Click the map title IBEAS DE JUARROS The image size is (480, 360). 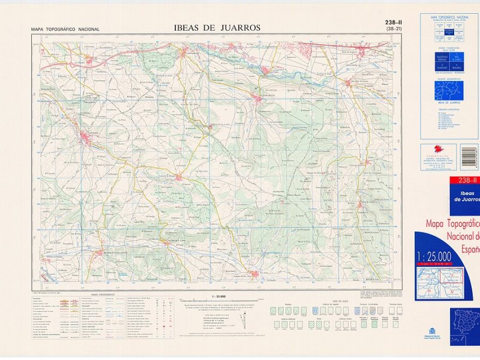pos(217,27)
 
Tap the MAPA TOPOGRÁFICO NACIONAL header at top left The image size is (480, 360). pos(65,29)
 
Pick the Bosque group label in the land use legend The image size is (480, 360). pos(286,305)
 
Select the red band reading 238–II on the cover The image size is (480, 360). pos(466,181)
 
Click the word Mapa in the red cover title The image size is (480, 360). pos(437,224)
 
